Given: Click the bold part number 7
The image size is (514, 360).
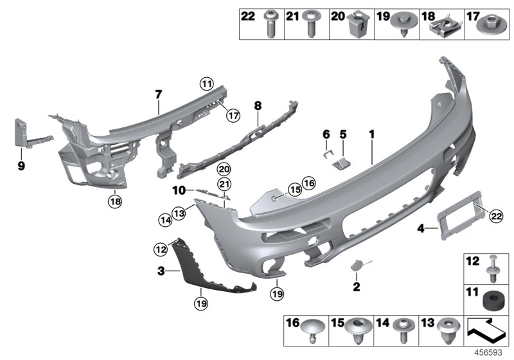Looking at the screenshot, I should point(157,95).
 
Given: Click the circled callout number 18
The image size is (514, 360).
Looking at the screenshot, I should point(114,202).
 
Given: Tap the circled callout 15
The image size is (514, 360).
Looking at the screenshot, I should point(294,190).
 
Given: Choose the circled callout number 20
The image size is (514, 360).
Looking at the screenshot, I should point(223,170).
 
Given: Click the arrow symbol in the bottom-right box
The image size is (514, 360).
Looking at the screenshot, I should point(488,334).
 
